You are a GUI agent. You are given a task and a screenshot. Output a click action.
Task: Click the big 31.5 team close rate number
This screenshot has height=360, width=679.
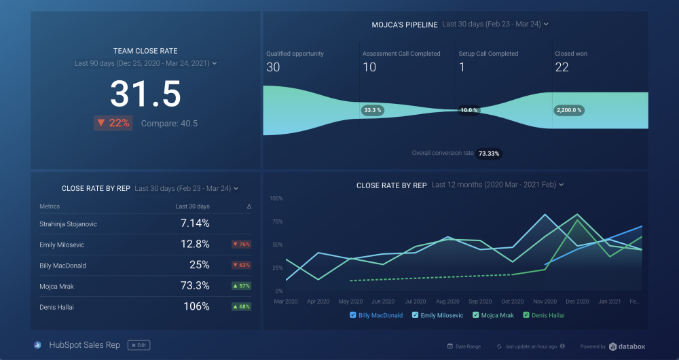tap(145, 94)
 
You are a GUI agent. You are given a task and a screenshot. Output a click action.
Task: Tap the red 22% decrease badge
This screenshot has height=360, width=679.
tap(113, 123)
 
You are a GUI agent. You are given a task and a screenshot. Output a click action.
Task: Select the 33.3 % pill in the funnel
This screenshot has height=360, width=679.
tap(373, 110)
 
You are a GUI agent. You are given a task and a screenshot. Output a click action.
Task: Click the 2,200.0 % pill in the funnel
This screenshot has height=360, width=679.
tap(569, 110)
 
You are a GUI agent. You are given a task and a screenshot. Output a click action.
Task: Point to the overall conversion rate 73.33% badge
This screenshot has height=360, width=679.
tap(489, 154)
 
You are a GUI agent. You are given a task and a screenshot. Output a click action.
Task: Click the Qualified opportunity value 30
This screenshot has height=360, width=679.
tap(273, 67)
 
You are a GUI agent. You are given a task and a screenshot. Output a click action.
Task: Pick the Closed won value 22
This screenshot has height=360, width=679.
tap(562, 67)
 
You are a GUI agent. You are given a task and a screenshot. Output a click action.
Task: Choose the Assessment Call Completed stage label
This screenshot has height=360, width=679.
tap(401, 54)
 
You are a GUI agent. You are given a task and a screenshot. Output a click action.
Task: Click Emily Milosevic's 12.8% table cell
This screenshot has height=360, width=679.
tap(196, 245)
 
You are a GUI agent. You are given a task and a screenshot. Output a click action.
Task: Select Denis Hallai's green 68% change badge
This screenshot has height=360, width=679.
tap(241, 306)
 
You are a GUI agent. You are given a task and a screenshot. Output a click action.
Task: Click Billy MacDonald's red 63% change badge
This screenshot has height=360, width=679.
tap(241, 265)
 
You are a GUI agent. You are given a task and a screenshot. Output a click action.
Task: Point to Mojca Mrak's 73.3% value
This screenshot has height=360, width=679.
tap(196, 286)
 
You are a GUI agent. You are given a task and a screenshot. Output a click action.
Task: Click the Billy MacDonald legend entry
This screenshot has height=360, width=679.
tap(381, 315)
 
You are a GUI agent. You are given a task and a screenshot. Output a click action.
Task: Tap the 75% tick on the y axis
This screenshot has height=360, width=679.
tap(276, 221)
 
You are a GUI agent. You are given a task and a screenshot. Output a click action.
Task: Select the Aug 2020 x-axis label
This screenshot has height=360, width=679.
tap(447, 301)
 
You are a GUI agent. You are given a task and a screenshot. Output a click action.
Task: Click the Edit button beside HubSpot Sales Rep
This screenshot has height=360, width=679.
tap(139, 345)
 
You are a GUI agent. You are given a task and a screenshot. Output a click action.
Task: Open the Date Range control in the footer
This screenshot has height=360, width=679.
tap(464, 346)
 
